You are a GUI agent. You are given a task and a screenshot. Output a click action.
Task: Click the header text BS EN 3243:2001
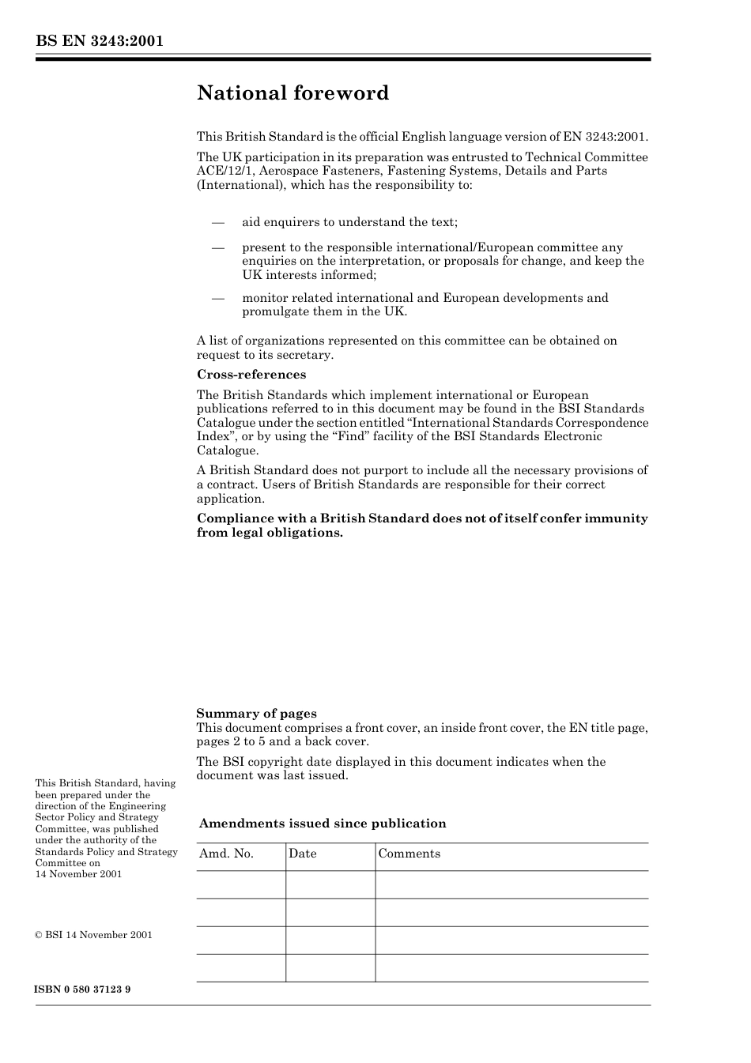pyautogui.click(x=99, y=41)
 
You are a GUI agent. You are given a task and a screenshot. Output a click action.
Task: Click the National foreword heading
pyautogui.click(x=292, y=93)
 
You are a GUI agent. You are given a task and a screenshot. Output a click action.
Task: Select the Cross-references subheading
pyautogui.click(x=251, y=375)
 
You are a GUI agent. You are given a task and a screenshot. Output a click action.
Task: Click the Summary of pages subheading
pyautogui.click(x=256, y=714)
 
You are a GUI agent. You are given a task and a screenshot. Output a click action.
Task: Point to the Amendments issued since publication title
pyautogui.click(x=323, y=824)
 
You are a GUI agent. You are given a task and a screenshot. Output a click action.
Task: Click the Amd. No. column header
pyautogui.click(x=226, y=854)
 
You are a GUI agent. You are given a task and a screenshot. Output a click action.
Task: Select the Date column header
pyautogui.click(x=302, y=854)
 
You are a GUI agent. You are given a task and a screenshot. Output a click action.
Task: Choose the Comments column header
pyautogui.click(x=409, y=854)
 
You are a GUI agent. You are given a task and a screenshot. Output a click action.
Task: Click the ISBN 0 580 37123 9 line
pyautogui.click(x=83, y=989)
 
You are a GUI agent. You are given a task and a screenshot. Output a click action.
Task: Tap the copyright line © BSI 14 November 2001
pyautogui.click(x=94, y=935)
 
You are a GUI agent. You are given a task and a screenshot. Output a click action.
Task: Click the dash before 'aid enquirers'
pyautogui.click(x=218, y=223)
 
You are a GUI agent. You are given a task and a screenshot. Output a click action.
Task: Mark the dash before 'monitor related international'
pyautogui.click(x=218, y=299)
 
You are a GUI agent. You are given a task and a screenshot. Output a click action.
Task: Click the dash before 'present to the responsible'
pyautogui.click(x=218, y=248)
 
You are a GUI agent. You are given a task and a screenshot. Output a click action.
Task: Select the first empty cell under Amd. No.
pyautogui.click(x=241, y=884)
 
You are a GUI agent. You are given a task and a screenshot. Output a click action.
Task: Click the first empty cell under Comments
pyautogui.click(x=511, y=884)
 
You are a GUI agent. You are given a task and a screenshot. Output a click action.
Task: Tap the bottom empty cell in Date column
pyautogui.click(x=330, y=967)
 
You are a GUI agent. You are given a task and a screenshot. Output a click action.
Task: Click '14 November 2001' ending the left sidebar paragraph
pyautogui.click(x=78, y=874)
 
